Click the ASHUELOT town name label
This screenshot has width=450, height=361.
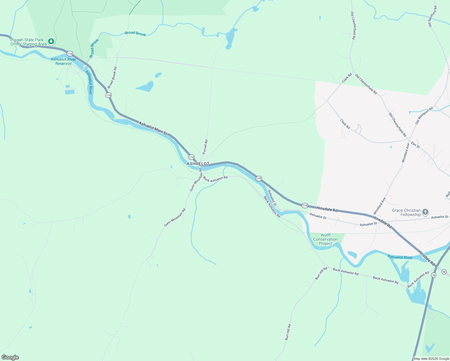pyautogui.click(x=198, y=164)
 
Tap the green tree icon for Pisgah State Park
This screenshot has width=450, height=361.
pyautogui.click(x=51, y=41)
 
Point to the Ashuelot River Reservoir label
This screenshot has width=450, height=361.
pyautogui.click(x=63, y=61)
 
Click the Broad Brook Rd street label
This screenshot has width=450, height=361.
pyautogui.click(x=112, y=78)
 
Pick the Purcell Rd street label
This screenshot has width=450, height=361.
pyautogui.click(x=205, y=147)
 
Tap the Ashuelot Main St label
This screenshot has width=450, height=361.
pyautogui.click(x=153, y=128)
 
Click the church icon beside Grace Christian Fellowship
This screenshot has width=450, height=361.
pyautogui.click(x=425, y=212)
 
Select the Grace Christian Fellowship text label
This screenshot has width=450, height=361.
pyautogui.click(x=406, y=212)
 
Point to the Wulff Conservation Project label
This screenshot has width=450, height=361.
pyautogui.click(x=325, y=239)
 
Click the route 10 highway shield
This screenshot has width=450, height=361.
pyautogui.click(x=433, y=275)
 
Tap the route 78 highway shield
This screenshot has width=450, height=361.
pyautogui.click(x=444, y=272)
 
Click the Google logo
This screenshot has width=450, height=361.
pyautogui.click(x=10, y=357)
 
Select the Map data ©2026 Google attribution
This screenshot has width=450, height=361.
pyautogui.click(x=431, y=359)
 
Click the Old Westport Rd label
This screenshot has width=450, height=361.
pyautogui.click(x=424, y=116)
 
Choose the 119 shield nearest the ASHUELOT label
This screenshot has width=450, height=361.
pyautogui.click(x=191, y=157)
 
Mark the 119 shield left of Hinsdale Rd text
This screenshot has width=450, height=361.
pyautogui.click(x=305, y=205)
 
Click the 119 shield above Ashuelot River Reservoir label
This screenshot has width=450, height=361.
pyautogui.click(x=70, y=54)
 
